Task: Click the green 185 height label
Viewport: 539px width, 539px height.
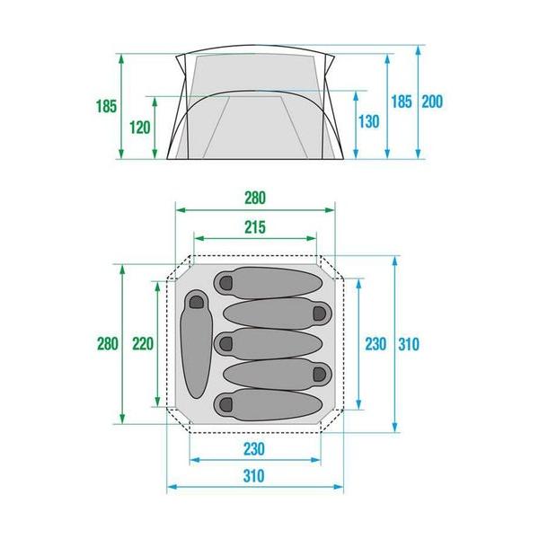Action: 107,106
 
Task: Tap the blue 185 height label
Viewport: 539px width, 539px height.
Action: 402,102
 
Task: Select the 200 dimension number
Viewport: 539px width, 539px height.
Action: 432,102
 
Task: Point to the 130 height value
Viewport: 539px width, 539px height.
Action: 369,121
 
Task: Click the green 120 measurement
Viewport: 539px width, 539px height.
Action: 140,128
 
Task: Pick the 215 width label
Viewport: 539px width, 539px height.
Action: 255,227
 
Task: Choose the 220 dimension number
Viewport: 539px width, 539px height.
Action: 143,343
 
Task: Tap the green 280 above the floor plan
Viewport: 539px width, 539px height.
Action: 255,198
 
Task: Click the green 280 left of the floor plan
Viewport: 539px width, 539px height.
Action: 108,343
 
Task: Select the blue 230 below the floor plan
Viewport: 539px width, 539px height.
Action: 254,449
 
